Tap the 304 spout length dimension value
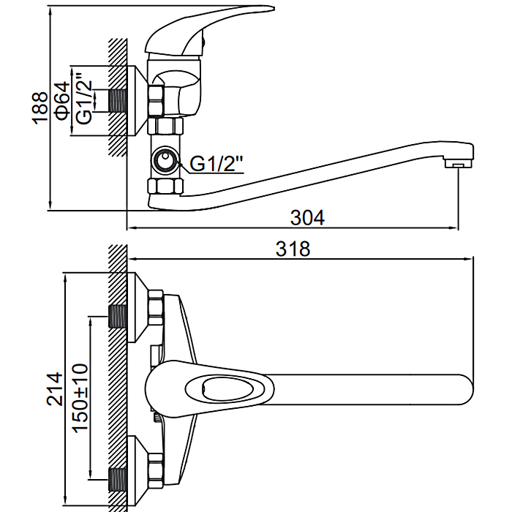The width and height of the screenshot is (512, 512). tap(307, 217)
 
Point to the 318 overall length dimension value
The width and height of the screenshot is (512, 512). tap(293, 249)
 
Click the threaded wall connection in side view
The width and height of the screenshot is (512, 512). tap(117, 101)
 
